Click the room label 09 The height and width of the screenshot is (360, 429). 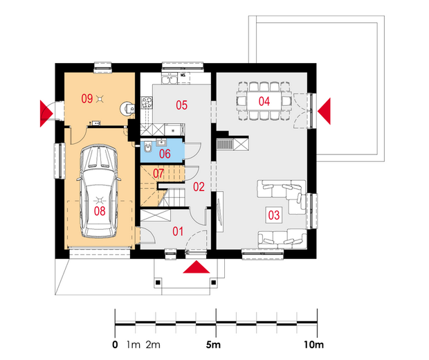[87, 98]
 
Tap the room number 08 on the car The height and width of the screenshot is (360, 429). [100, 211]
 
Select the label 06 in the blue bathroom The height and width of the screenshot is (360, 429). [165, 154]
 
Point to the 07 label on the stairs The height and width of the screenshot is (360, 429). [158, 173]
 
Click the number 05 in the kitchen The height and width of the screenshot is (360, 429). [182, 105]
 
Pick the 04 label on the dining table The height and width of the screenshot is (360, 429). [264, 101]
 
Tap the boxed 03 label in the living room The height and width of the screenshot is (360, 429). [274, 215]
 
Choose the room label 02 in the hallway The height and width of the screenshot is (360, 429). [199, 187]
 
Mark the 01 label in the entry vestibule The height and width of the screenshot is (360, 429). [178, 232]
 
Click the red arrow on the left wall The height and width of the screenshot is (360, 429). [46, 114]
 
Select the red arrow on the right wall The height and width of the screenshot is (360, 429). [325, 111]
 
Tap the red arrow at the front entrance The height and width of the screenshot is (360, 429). [197, 267]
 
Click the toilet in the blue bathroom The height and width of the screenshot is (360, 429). [147, 147]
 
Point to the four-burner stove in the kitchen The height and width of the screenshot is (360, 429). [147, 102]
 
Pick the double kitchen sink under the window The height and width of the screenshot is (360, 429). [170, 80]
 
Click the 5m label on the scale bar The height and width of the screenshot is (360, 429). [213, 345]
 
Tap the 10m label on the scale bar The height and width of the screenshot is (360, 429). [314, 345]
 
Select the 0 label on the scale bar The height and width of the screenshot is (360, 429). [115, 345]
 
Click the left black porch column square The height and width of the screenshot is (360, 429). [158, 282]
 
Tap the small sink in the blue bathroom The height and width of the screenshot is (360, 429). [161, 142]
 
